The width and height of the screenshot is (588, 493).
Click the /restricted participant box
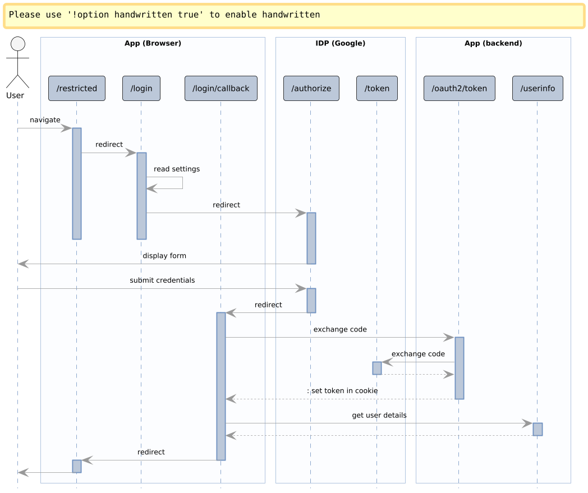point(77,89)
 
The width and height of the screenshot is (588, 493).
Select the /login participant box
point(141,89)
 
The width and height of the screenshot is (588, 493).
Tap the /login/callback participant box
point(221,89)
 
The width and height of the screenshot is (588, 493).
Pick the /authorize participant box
point(311,89)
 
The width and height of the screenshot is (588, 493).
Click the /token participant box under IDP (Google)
point(377,89)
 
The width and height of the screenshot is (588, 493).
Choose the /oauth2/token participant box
point(460,89)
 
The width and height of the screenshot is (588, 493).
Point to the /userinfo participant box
point(538,89)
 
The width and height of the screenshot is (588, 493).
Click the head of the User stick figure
point(18,44)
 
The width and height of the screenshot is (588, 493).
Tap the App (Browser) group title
point(153,43)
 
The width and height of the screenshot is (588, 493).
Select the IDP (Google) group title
point(341,43)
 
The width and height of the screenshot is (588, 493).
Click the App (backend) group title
point(494,43)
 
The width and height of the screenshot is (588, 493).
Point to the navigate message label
point(45,120)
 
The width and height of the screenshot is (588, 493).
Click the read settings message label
point(177,169)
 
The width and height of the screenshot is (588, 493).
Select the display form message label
point(164,256)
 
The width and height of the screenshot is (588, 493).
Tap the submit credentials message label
point(162,280)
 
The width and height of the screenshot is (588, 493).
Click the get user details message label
point(379,416)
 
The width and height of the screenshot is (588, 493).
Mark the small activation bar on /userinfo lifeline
point(538,429)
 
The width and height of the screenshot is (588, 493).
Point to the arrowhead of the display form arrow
point(23,264)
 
